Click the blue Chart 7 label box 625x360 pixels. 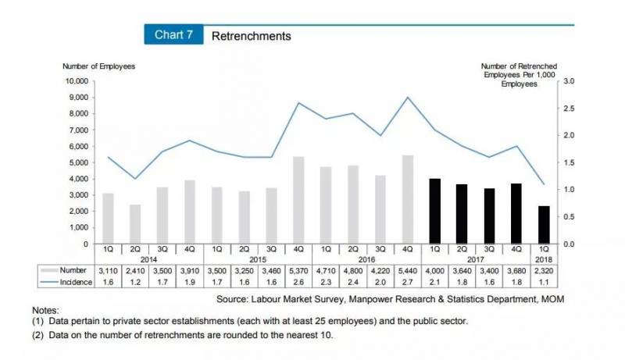click(x=173, y=35)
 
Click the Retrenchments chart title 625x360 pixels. click(x=251, y=36)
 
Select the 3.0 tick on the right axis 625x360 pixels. click(x=568, y=81)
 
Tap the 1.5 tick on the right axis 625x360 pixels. click(x=568, y=162)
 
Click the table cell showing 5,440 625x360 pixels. click(x=408, y=270)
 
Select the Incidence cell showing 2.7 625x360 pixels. click(x=408, y=282)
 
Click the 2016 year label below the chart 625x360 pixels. click(x=367, y=258)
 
